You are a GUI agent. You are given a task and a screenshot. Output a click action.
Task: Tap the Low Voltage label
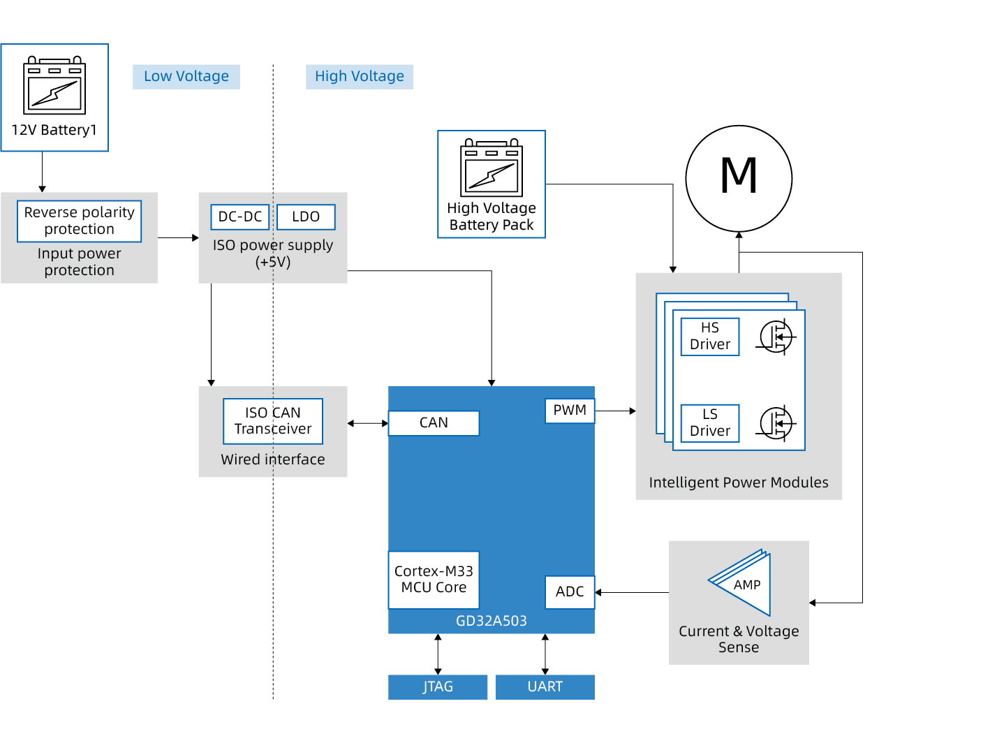click(x=186, y=76)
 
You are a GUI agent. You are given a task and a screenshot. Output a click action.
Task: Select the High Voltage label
click(x=360, y=76)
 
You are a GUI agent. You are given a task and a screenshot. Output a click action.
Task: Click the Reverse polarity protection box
click(x=79, y=221)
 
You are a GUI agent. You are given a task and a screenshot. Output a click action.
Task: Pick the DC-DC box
click(x=240, y=216)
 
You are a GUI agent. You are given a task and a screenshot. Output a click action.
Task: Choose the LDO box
click(x=306, y=216)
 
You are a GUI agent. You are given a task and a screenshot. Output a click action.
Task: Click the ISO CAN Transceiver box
click(x=273, y=421)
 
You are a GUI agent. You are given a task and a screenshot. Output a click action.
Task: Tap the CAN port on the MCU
click(x=434, y=422)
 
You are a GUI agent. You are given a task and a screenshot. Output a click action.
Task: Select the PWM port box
click(x=570, y=411)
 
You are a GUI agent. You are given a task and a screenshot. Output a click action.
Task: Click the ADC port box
click(x=570, y=591)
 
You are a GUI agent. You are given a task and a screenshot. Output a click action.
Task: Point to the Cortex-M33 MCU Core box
click(x=434, y=580)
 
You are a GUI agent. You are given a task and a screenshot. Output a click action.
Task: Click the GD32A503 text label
click(x=492, y=621)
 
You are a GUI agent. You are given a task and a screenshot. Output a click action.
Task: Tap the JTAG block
click(x=438, y=686)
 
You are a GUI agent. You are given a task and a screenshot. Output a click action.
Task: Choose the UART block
click(x=545, y=686)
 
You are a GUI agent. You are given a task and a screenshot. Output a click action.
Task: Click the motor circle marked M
click(x=739, y=178)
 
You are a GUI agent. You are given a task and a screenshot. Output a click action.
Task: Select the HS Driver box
click(x=710, y=337)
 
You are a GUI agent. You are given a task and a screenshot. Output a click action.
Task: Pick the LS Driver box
click(x=710, y=423)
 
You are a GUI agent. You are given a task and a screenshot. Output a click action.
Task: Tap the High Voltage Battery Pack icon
click(x=492, y=168)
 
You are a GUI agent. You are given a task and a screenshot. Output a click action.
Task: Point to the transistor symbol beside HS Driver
click(x=776, y=337)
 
